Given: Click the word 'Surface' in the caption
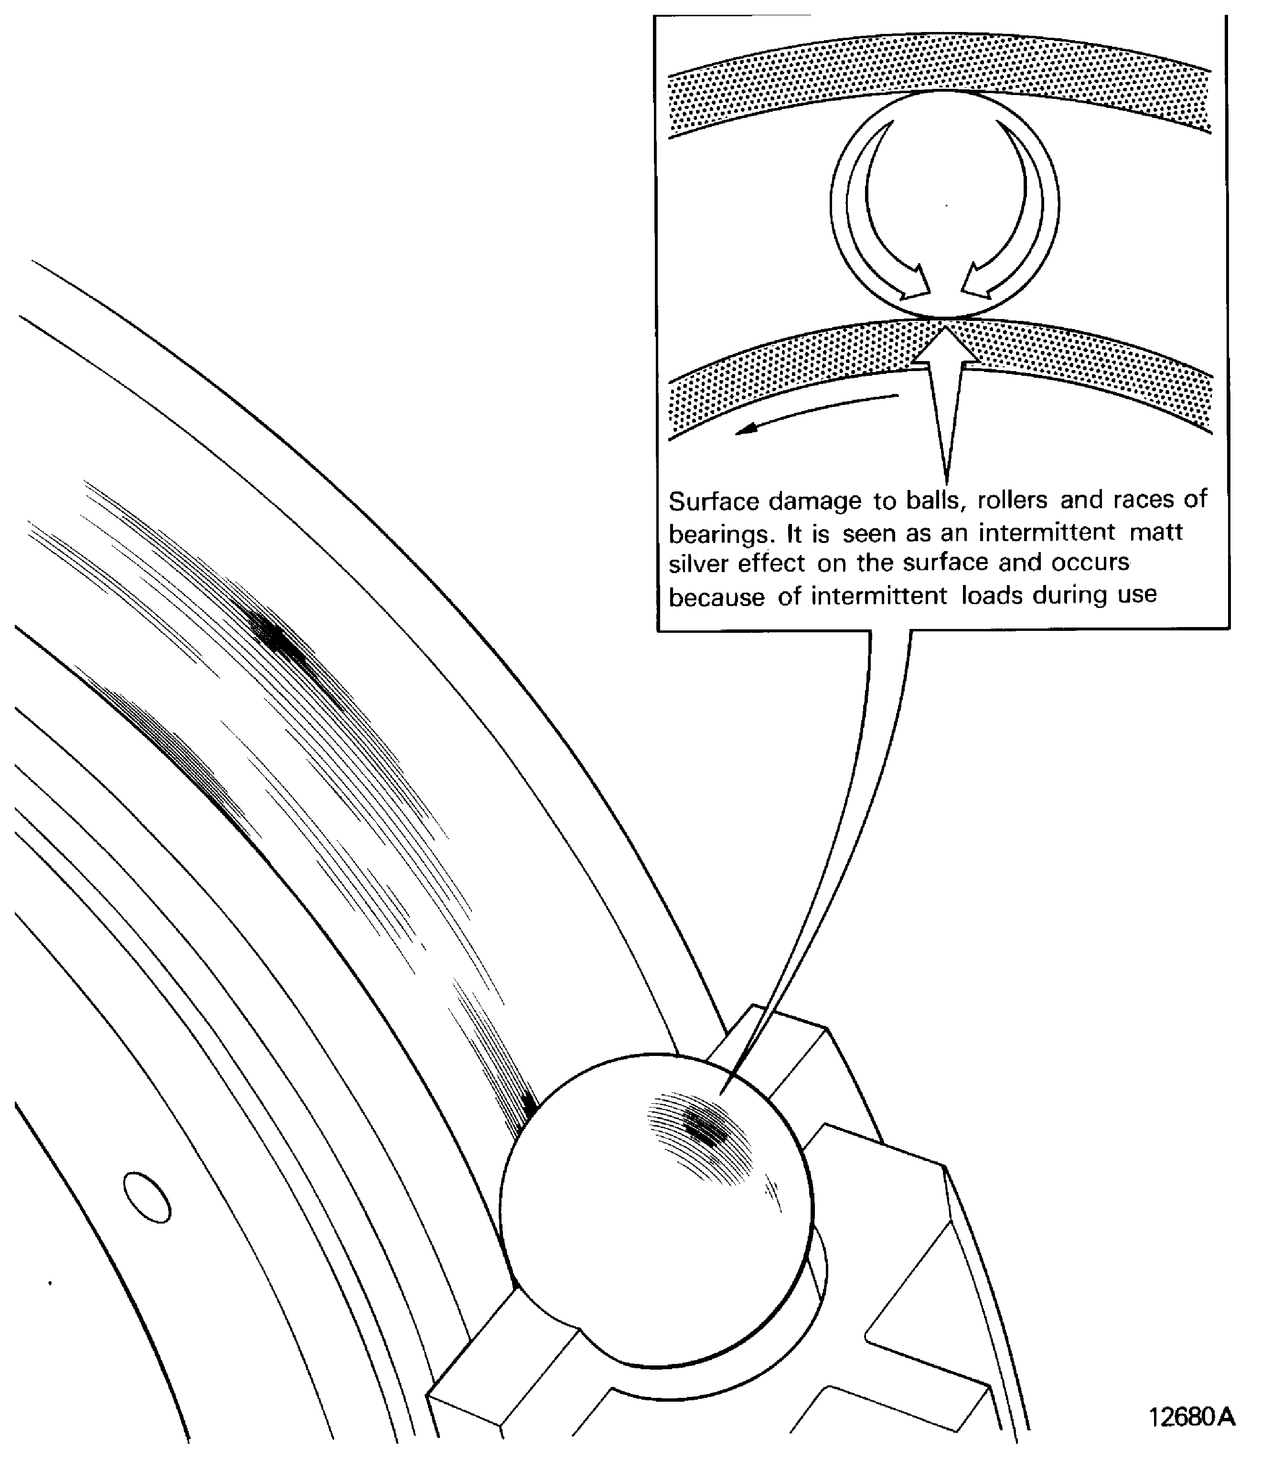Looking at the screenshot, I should click(713, 502).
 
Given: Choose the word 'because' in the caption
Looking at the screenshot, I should click(716, 597).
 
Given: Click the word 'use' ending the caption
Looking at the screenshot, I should click(1137, 594).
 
